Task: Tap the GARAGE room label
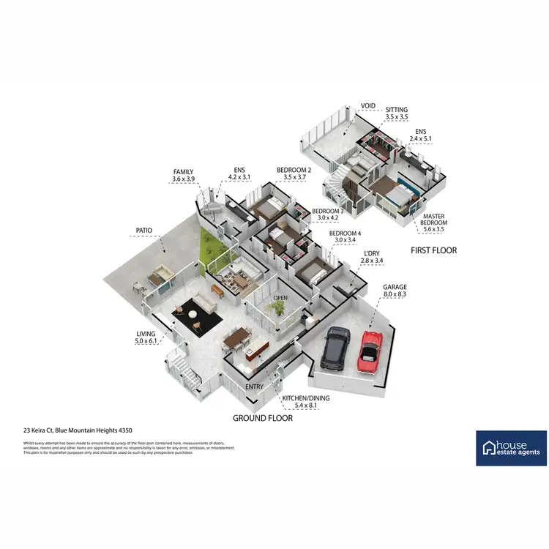tap(395, 287)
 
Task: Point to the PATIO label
tap(143, 230)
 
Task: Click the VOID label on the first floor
tap(367, 105)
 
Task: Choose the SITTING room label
tap(397, 109)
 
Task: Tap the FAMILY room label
tap(183, 172)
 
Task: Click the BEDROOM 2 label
tap(293, 170)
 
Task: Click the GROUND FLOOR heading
tap(263, 418)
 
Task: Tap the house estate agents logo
tap(511, 448)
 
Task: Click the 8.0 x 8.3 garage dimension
tap(395, 295)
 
